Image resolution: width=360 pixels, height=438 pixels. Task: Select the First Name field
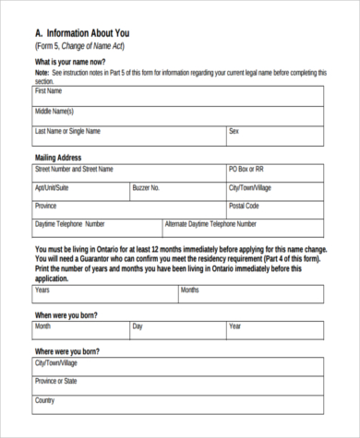point(178,96)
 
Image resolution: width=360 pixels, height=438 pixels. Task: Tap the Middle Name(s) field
point(178,115)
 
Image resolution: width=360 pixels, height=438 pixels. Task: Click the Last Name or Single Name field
point(129,136)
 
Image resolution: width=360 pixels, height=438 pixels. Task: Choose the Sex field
point(275,136)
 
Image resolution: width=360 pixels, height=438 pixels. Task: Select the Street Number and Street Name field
point(129,173)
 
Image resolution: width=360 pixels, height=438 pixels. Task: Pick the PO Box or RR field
point(275,173)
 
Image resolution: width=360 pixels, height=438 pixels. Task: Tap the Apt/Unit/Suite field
point(81,192)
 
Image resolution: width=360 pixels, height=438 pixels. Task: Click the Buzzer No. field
point(178,192)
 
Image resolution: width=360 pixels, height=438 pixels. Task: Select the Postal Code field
point(275,209)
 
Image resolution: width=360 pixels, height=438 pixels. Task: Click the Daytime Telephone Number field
point(97,228)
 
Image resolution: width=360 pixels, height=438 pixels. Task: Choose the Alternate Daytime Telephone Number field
point(243,228)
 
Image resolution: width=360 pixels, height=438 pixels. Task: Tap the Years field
point(105,294)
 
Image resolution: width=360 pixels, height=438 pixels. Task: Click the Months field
point(251,294)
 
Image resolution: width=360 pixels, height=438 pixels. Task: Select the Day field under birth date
point(178,330)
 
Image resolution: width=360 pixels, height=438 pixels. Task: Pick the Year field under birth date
point(275,330)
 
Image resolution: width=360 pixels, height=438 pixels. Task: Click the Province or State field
point(178,385)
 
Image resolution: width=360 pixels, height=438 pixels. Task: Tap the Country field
point(178,405)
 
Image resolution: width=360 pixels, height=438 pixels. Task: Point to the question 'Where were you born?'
point(66,352)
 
